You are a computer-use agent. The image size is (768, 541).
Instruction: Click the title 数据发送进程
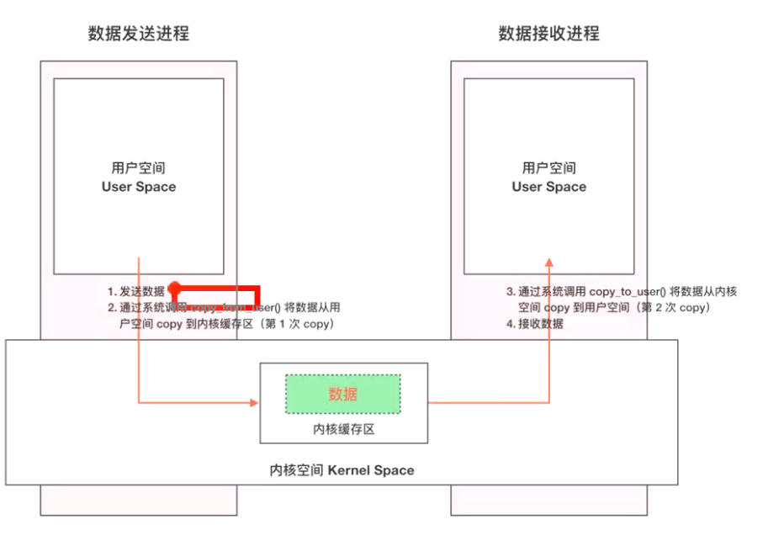[x=139, y=34]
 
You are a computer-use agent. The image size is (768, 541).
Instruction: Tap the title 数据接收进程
[x=548, y=34]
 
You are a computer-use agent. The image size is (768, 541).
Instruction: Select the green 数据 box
[x=343, y=394]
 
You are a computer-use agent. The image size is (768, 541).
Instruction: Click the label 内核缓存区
[x=343, y=429]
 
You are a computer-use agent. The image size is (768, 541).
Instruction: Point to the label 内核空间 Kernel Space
[x=342, y=469]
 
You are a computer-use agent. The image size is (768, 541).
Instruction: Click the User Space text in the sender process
[x=139, y=187]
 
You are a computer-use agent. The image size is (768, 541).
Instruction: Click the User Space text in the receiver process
[x=548, y=187]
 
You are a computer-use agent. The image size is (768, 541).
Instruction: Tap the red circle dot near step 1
[x=173, y=289]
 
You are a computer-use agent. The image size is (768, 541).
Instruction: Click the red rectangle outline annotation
[x=257, y=297]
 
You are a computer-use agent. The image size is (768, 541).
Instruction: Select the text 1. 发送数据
[x=135, y=292]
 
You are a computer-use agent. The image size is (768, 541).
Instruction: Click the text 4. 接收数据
[x=535, y=324]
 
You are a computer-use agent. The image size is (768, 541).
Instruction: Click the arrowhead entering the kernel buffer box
[x=254, y=403]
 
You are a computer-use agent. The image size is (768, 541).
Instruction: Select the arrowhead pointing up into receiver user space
[x=548, y=262]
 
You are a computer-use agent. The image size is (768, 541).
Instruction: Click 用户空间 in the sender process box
[x=139, y=168]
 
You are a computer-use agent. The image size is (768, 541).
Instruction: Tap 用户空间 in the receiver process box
[x=548, y=168]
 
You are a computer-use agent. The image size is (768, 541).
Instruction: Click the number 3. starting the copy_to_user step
[x=511, y=292]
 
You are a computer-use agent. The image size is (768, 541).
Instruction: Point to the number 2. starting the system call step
[x=112, y=308]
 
